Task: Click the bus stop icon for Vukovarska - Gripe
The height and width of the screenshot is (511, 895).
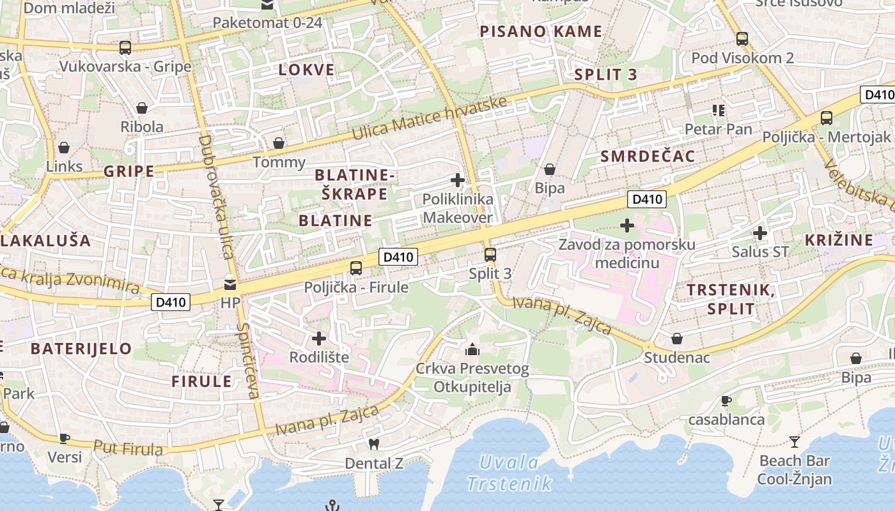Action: coord(125,47)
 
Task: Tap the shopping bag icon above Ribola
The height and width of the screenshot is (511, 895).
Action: coord(142,108)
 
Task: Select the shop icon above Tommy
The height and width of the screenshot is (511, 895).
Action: coord(279,143)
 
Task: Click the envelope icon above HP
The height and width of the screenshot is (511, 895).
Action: coord(230,284)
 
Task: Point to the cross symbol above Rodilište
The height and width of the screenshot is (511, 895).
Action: coord(319,338)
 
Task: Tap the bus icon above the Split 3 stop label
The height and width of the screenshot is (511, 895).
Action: coord(490,255)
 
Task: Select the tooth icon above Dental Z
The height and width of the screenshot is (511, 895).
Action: coord(375,443)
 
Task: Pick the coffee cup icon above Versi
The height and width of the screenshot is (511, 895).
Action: coord(65,438)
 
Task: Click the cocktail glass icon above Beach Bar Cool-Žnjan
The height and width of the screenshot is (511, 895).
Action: coord(795,441)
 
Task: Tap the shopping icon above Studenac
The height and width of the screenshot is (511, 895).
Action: coord(677,339)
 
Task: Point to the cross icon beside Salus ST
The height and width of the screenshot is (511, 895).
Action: coord(759,233)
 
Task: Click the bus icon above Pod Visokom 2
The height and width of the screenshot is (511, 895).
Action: coord(742,39)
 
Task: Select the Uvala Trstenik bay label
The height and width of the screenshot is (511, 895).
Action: coord(509,473)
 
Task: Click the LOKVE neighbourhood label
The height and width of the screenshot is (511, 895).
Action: coord(306,70)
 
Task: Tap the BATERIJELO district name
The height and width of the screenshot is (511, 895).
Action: coord(81,349)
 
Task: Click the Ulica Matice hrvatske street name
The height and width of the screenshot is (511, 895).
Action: coord(430,119)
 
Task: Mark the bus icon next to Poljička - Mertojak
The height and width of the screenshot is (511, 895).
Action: coord(827,118)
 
